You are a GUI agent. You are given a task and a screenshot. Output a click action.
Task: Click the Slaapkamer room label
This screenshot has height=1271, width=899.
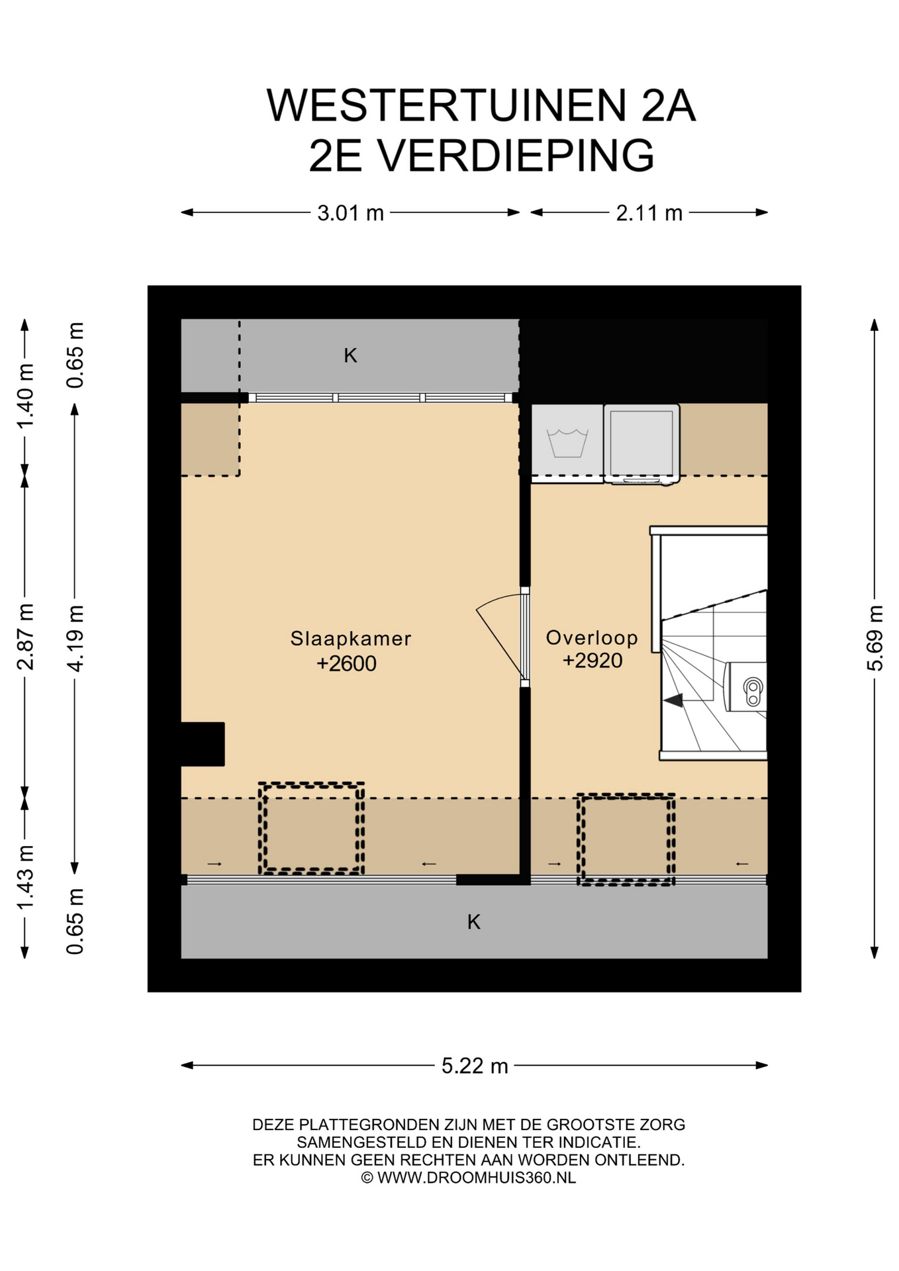coord(350,638)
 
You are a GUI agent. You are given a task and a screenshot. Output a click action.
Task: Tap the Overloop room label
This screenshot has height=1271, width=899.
coord(592,637)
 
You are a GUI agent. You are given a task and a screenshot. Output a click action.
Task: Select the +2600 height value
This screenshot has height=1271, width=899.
coord(346,663)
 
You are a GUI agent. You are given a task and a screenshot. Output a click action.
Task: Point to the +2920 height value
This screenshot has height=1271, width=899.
coord(592,660)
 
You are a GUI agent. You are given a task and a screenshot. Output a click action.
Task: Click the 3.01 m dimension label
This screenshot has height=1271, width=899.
coord(350,213)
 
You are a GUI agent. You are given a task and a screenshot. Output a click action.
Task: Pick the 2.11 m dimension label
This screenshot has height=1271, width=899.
coord(649,213)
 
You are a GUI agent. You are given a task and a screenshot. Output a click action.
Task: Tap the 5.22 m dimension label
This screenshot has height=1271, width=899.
coord(475,1066)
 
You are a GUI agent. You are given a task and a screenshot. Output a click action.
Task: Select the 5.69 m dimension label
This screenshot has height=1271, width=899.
coord(875,638)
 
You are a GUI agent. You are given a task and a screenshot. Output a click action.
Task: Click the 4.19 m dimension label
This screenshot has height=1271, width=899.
coord(75,638)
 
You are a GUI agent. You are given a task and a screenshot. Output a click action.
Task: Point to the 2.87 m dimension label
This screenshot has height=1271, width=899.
coord(25,637)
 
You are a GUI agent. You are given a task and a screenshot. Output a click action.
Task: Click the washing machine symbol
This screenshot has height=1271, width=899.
coord(567,440)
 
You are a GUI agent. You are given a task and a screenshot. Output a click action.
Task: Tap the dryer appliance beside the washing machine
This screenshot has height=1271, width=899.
coord(641,444)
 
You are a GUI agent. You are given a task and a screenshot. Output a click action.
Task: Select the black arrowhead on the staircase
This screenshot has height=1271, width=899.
coord(673,700)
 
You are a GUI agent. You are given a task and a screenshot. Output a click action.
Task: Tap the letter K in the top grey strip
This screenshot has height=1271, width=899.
coord(350,356)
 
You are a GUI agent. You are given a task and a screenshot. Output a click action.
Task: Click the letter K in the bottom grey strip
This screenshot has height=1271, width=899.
coord(473,921)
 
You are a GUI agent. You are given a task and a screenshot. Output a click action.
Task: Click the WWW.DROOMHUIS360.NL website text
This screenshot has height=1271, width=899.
coord(477,1178)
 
